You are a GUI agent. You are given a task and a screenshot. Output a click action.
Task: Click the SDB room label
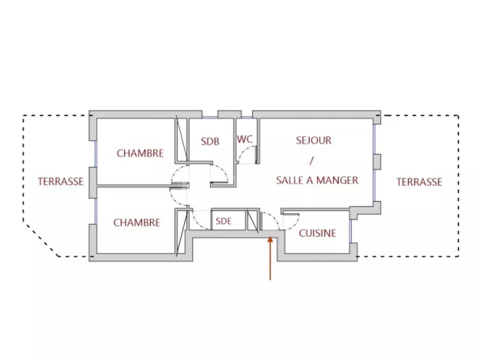210,141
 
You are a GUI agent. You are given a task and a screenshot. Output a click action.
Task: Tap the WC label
245,139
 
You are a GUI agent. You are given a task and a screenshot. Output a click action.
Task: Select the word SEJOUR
314,140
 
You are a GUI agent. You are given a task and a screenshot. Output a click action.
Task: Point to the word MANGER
337,180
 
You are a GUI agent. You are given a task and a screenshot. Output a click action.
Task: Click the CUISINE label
318,234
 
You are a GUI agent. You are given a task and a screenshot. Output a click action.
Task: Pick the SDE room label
224,221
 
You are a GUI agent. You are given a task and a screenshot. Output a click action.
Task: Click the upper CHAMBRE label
140,153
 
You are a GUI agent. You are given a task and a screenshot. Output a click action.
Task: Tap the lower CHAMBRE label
137,222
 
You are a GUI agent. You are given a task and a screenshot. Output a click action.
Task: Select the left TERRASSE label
61,182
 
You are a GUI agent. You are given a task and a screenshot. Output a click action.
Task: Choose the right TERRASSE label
419,182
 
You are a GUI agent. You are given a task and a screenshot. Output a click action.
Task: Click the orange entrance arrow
270,258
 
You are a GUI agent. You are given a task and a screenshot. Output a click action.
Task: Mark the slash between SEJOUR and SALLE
311,161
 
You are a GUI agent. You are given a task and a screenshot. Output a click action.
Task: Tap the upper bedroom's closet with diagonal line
182,139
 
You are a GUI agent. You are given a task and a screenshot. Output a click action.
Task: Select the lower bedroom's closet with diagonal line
182,232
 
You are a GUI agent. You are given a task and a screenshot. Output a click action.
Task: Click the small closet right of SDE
253,220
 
